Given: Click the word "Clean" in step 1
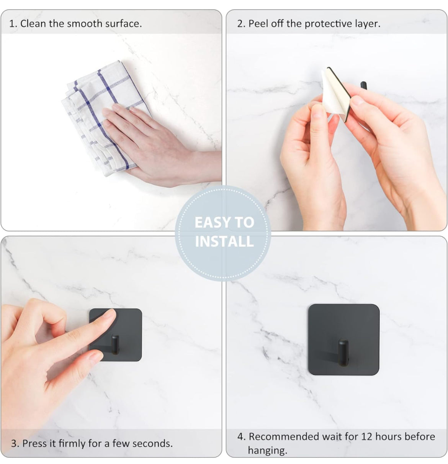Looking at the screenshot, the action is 33,24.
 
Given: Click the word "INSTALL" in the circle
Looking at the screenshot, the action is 224,241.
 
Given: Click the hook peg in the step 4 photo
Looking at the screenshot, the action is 343,352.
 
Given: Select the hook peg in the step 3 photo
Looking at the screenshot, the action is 115,344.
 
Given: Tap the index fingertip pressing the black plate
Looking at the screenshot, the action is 110,315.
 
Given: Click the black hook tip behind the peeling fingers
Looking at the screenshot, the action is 364,85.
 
